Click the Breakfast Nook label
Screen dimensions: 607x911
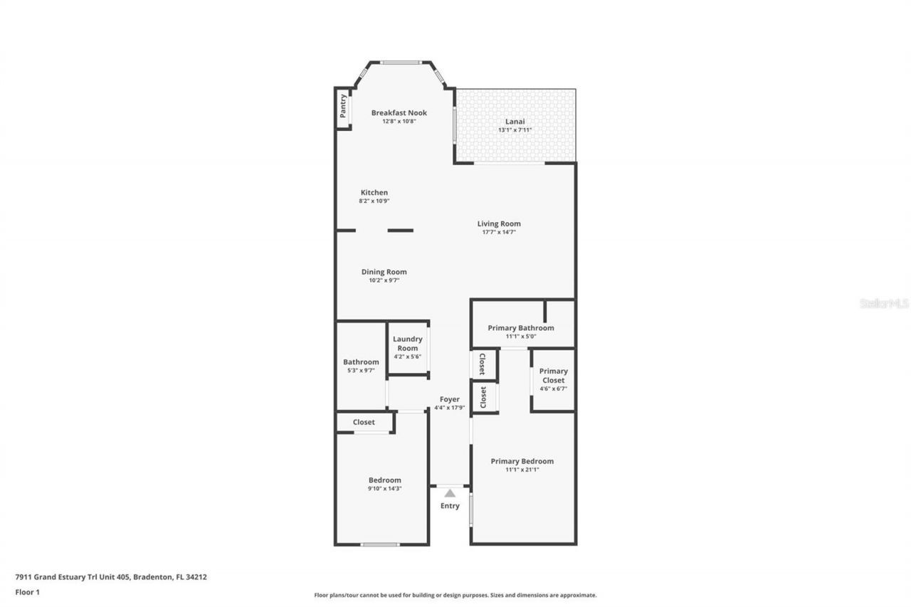pos(399,112)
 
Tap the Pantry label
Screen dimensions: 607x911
pos(343,106)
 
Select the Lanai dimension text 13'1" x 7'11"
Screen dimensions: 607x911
pos(515,130)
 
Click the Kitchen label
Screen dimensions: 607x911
pos(374,192)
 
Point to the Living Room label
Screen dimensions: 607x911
pos(498,223)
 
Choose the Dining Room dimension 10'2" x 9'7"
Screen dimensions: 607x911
pos(384,280)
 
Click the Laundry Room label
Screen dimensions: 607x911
pos(407,344)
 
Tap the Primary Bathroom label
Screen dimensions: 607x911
pos(520,328)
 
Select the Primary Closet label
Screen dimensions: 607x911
pos(553,375)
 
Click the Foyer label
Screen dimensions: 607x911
pos(449,399)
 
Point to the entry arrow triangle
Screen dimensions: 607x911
pos(449,492)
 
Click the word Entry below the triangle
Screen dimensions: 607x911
pos(449,506)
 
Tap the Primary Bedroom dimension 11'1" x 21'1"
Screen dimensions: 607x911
pos(522,470)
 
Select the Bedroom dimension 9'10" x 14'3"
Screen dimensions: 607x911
pos(384,488)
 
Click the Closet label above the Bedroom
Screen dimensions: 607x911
pos(364,422)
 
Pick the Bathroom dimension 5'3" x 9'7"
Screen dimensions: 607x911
pos(361,370)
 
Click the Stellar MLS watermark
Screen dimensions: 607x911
pos(884,303)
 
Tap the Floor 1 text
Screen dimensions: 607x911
pos(27,591)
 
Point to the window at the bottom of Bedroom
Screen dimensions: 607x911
pos(379,544)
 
